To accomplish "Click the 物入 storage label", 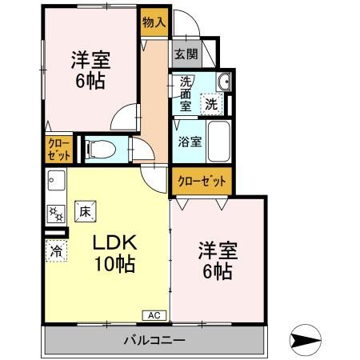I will pos(154,22).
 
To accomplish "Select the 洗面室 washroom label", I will pos(185,94).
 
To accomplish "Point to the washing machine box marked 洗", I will pos(210,102).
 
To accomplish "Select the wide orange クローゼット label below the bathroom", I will pos(202,182).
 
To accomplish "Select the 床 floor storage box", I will pos(86,212).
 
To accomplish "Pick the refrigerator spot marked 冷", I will pos(57,250).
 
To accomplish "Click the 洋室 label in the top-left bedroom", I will pos(90,60).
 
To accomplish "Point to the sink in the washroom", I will pos(224,81).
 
